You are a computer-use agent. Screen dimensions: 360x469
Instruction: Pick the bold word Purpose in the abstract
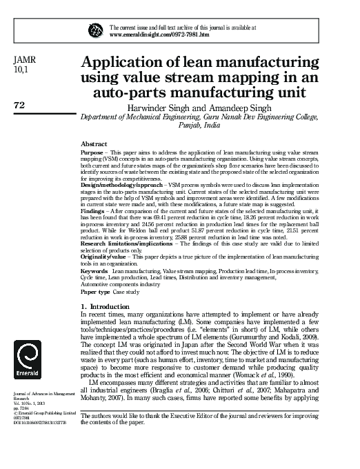pos(92,150)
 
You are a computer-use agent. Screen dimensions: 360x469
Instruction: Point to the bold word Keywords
pos(94,271)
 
